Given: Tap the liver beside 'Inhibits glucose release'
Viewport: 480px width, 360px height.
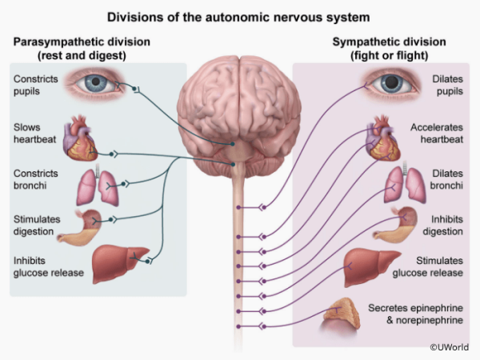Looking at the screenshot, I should (x=118, y=265).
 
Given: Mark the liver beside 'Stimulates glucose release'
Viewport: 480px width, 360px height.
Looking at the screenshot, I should (x=373, y=266).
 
